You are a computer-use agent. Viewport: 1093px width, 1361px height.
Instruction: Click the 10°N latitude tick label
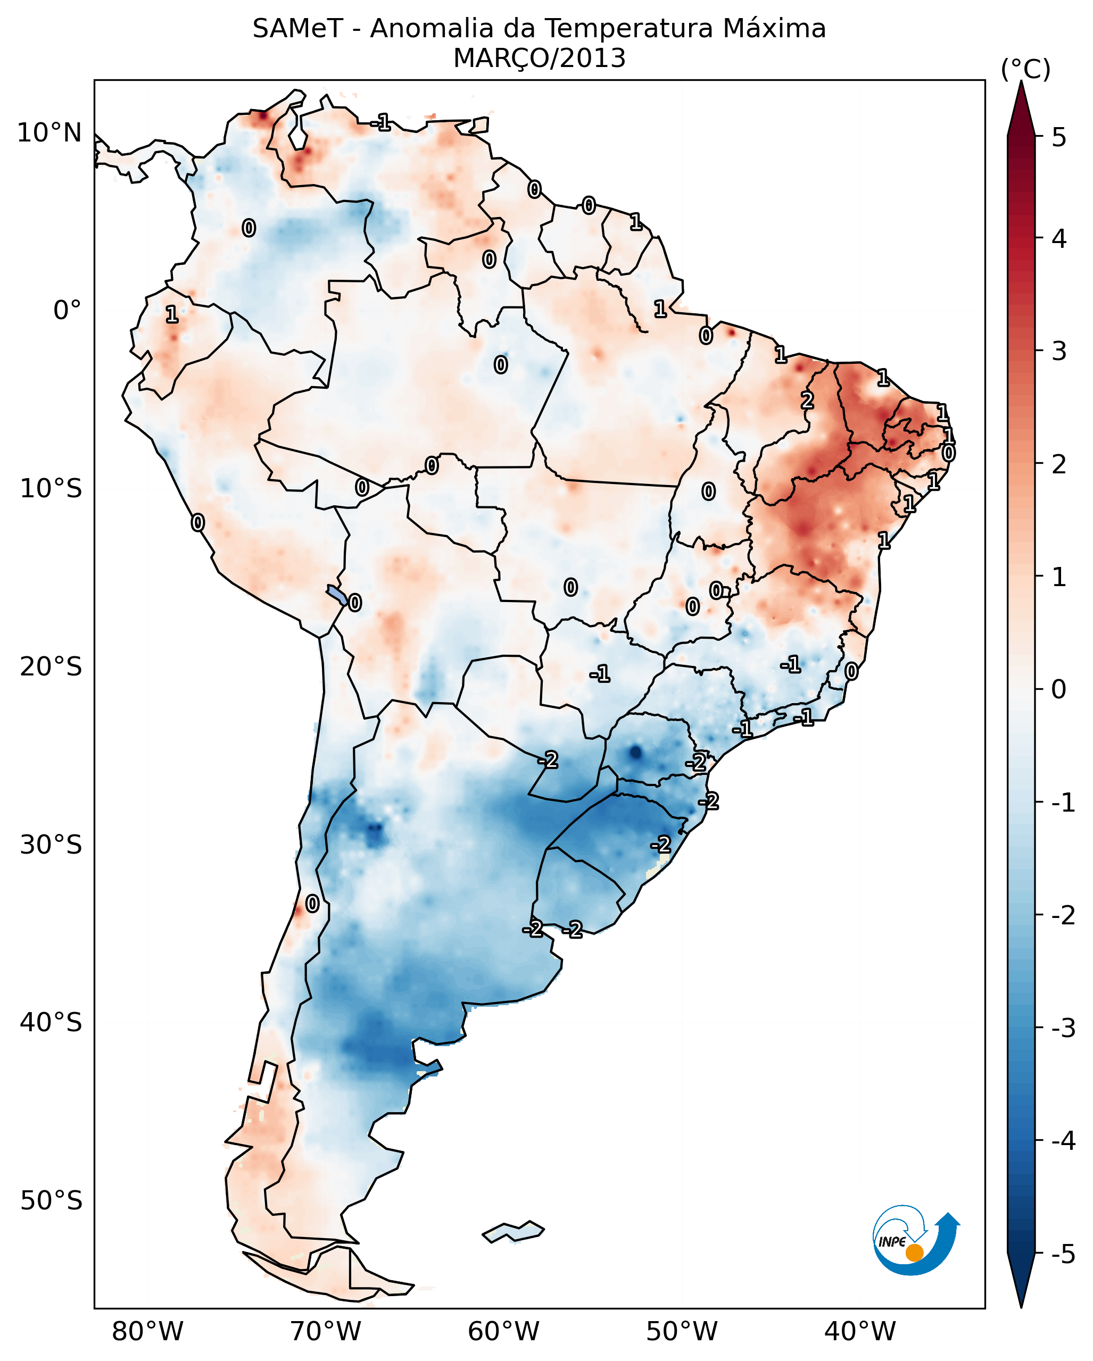(x=49, y=133)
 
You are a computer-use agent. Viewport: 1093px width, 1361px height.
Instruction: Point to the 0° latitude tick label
(x=67, y=311)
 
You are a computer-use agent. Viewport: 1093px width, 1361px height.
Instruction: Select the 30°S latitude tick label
(x=51, y=845)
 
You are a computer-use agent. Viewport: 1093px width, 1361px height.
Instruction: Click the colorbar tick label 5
(x=1059, y=138)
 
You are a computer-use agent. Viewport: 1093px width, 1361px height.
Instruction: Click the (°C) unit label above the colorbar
(x=1025, y=70)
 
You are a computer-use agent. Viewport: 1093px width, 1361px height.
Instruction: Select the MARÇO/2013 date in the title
(x=539, y=59)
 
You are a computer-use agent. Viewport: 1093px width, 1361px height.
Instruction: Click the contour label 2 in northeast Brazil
(x=807, y=400)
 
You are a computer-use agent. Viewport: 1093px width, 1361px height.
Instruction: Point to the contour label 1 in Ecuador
(x=172, y=314)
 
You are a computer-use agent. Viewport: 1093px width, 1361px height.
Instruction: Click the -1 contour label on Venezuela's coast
(x=381, y=122)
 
